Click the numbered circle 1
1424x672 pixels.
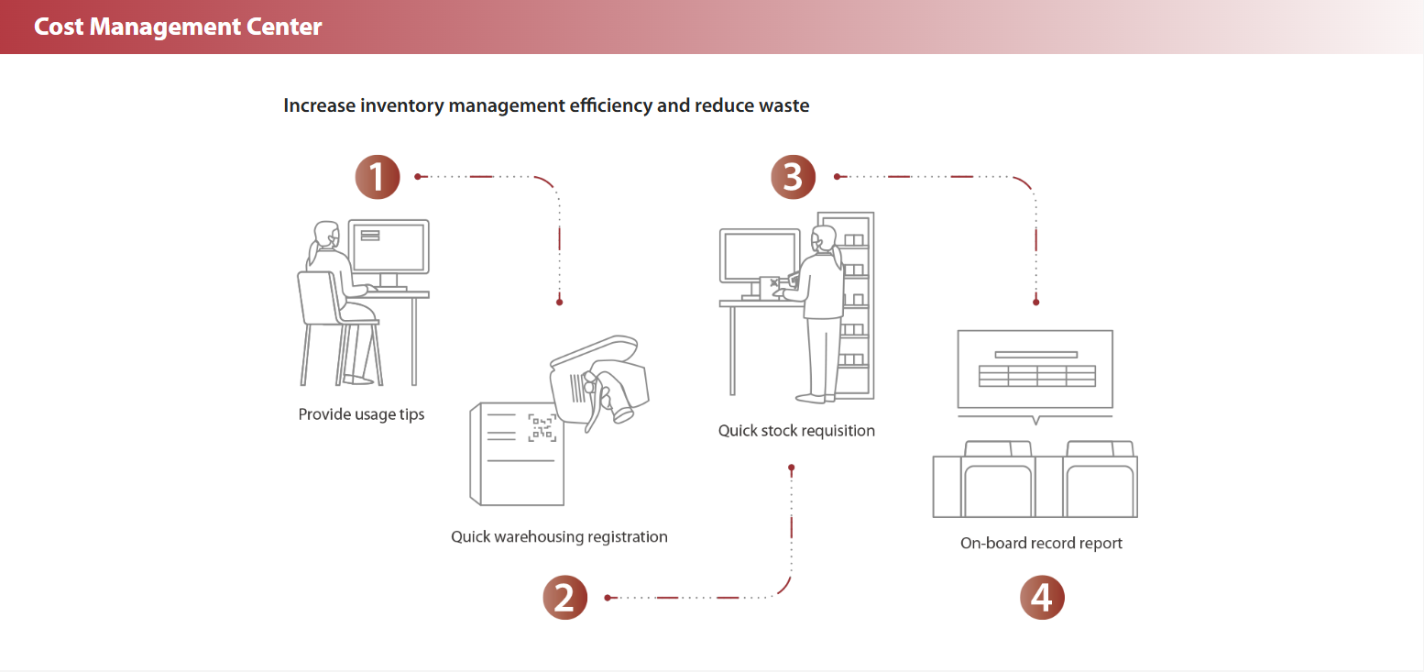[x=378, y=177]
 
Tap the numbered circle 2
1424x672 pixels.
[x=564, y=598]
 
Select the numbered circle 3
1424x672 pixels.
[x=793, y=177]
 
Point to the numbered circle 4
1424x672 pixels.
[x=1042, y=598]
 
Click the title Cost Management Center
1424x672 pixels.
[x=178, y=27]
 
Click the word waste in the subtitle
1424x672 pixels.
[x=784, y=105]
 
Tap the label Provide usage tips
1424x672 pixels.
[x=361, y=414]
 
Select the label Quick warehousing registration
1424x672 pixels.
[x=559, y=536]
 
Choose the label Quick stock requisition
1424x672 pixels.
[x=796, y=431]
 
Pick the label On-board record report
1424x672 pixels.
[x=1041, y=543]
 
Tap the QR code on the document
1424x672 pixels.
[x=542, y=428]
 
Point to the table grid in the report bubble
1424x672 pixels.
[x=1035, y=376]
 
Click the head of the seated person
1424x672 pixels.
[x=324, y=235]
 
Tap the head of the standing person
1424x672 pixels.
[x=825, y=238]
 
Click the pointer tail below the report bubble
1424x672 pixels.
[x=1035, y=420]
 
